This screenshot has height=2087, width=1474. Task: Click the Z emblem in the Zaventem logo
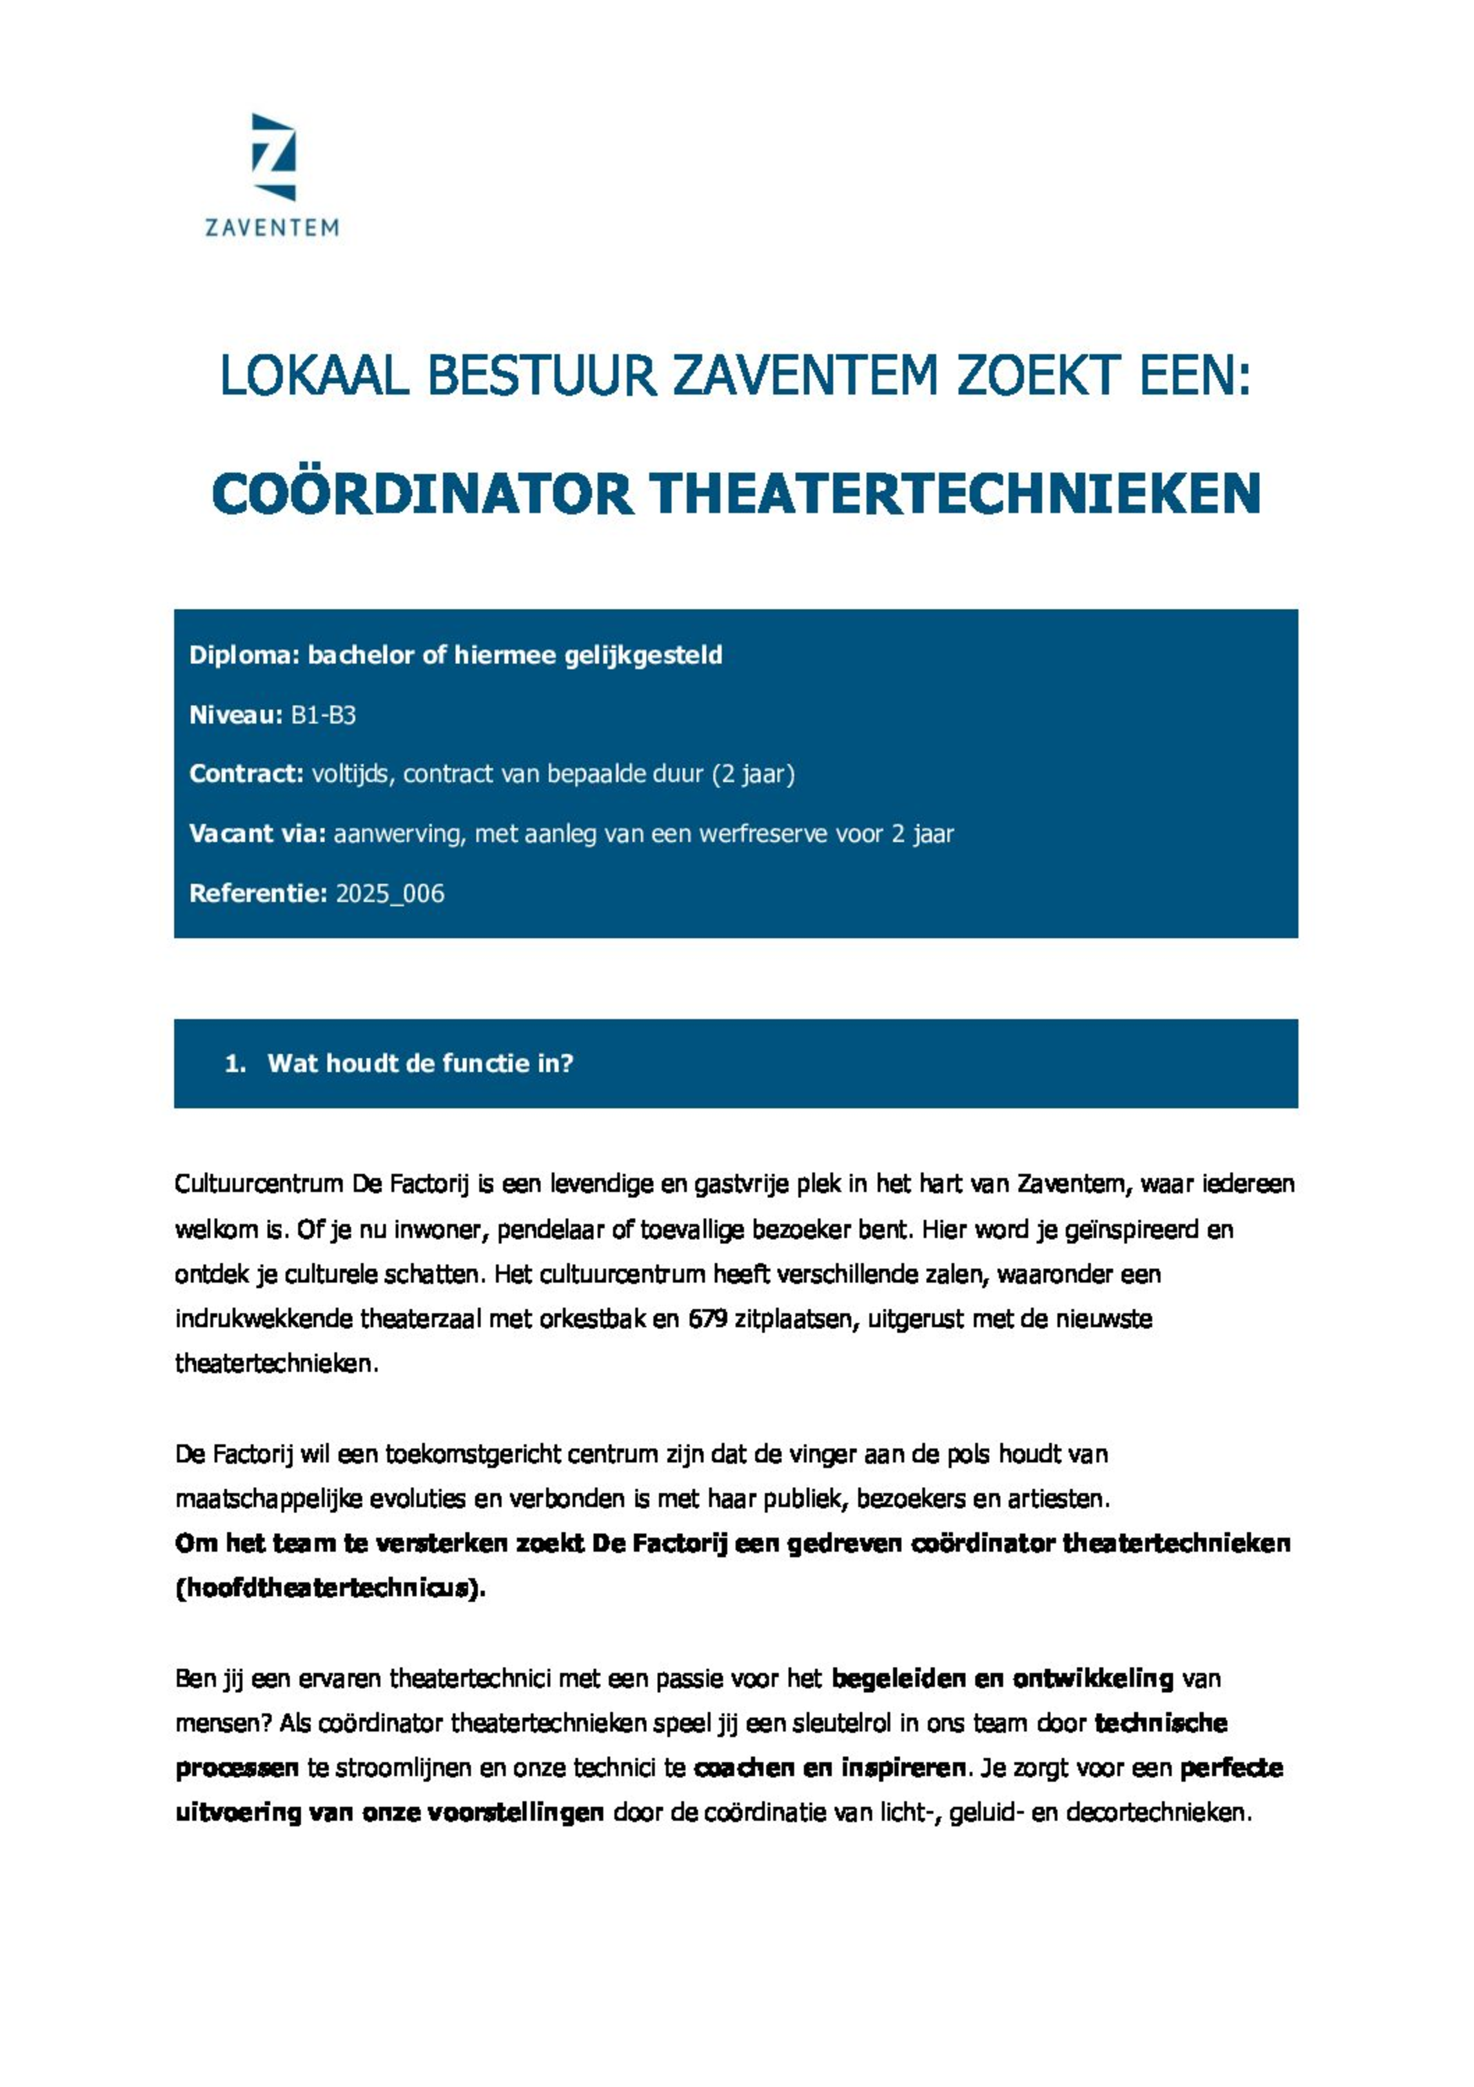point(273,156)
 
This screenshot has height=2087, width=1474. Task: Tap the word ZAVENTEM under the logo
point(271,227)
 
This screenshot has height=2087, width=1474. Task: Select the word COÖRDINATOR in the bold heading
point(422,494)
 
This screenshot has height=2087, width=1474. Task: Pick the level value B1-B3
point(324,715)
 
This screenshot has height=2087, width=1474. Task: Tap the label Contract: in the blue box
point(246,774)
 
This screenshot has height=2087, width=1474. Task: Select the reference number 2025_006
point(390,894)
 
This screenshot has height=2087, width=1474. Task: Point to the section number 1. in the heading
point(235,1063)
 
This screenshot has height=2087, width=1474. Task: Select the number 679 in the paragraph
point(707,1318)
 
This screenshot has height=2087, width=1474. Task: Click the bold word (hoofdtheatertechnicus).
point(331,1588)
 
